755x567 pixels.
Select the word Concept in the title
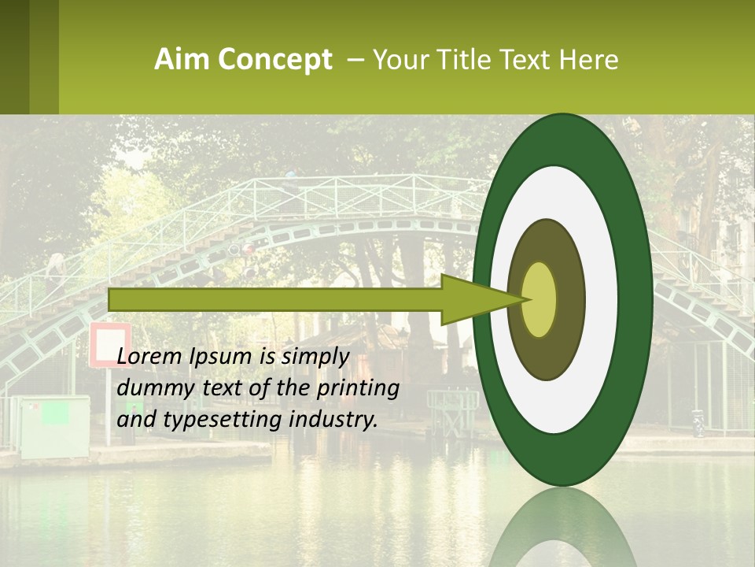[x=274, y=61]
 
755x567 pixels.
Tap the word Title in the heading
[x=462, y=60]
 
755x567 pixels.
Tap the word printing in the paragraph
[x=357, y=388]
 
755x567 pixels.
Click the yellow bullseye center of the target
[x=540, y=299]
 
